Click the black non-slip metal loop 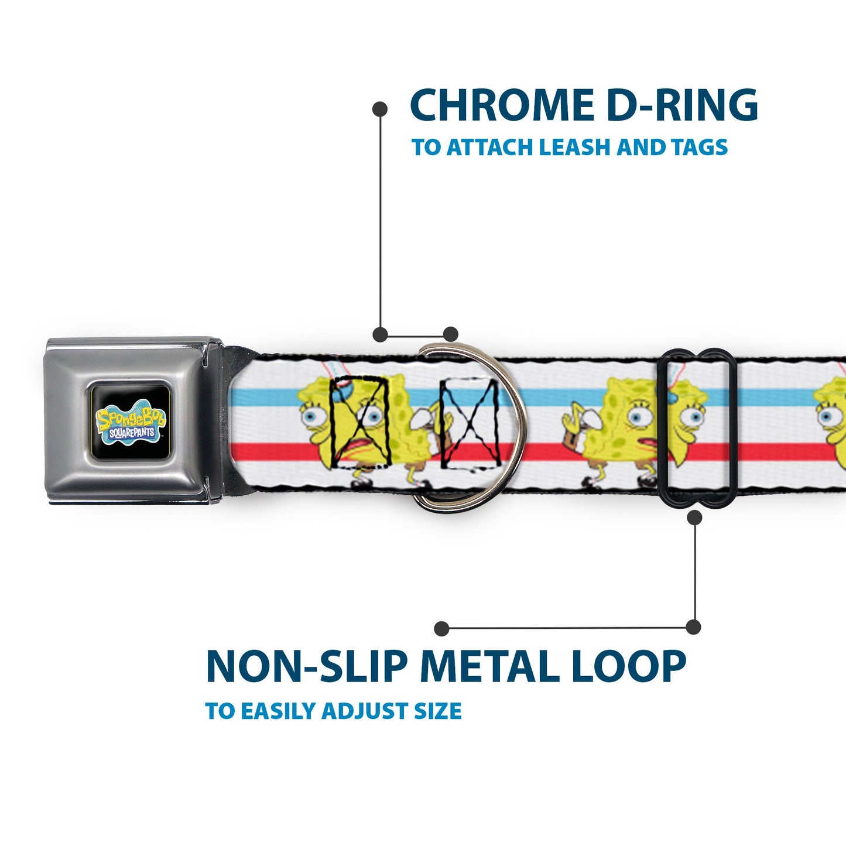point(696,428)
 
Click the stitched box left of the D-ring point(360,422)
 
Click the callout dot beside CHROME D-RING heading point(380,109)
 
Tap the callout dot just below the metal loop point(694,518)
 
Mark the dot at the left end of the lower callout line point(441,628)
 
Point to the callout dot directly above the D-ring point(450,334)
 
